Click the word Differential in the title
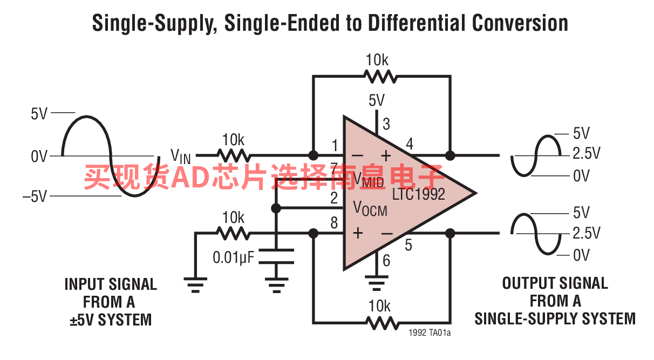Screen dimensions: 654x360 417,23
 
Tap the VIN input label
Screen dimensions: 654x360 181,157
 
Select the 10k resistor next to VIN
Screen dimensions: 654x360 234,155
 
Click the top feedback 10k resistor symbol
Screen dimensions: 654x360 380,77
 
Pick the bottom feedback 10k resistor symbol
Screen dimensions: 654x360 382,323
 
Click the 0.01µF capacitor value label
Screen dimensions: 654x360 233,257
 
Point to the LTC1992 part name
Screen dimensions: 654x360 418,194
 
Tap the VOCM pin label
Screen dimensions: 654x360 370,208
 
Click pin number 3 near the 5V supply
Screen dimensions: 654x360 386,124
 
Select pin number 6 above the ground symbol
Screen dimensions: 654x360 386,261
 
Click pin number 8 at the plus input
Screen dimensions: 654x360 335,223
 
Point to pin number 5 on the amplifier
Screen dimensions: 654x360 408,245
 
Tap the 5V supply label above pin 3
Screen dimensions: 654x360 377,100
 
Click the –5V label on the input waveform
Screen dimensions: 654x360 35,196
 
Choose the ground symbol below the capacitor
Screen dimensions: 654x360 276,285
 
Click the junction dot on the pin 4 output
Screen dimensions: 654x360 450,155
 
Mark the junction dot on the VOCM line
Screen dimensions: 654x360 276,208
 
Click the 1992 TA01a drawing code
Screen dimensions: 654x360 430,332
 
